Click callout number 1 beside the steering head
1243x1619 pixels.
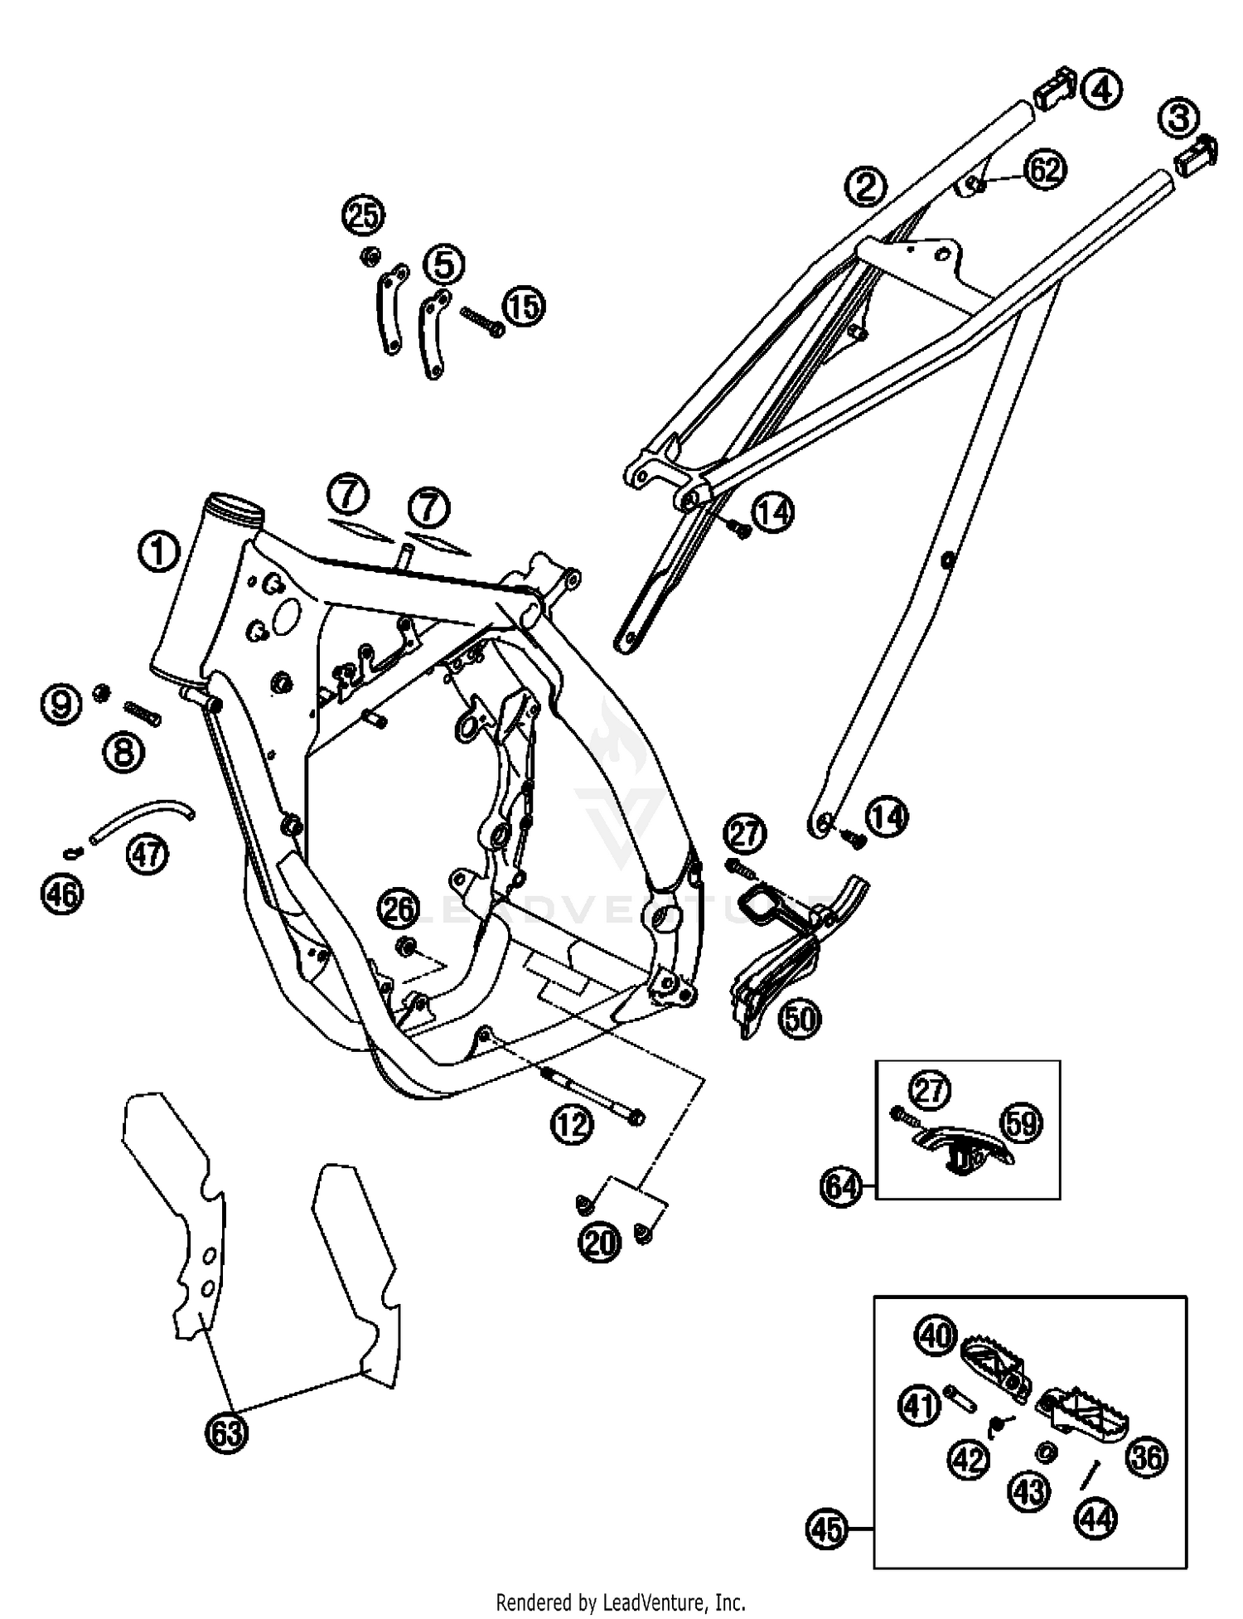(157, 552)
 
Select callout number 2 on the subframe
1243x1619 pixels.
(865, 187)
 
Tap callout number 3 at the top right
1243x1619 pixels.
(1178, 118)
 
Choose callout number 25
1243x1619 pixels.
(363, 216)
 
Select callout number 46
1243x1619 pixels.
(62, 894)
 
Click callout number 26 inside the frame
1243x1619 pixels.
(398, 909)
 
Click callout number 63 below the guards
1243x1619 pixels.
(226, 1432)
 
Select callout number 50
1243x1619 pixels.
(800, 1019)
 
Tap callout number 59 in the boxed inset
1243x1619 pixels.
(1021, 1123)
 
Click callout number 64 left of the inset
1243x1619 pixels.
(840, 1187)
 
